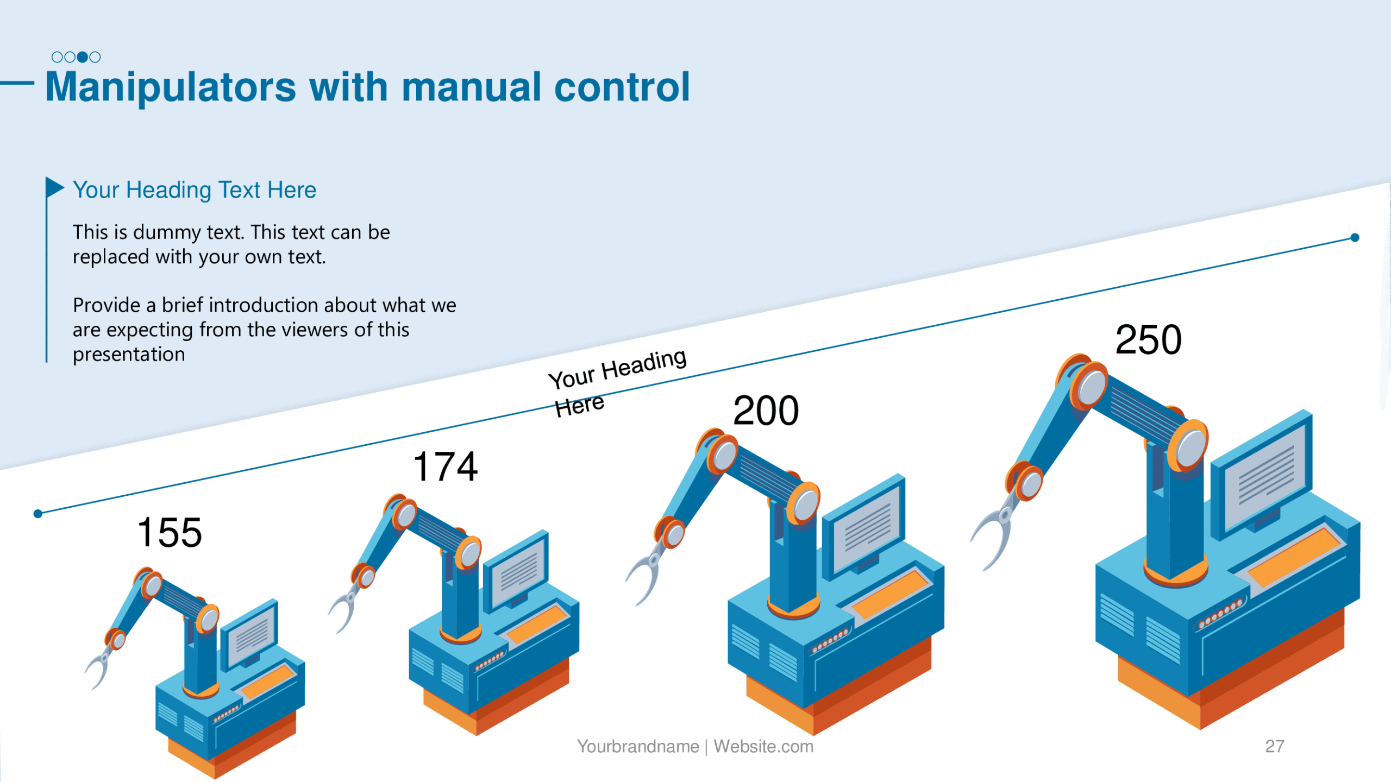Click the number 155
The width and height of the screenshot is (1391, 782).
point(170,533)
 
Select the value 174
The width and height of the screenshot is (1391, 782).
point(446,466)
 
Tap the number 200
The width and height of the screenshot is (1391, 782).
point(766,411)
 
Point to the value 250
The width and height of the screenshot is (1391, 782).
point(1148,340)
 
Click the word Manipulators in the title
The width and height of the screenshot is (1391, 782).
point(171,87)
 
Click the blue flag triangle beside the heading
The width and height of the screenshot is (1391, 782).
point(55,187)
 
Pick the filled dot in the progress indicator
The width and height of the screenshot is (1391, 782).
point(82,57)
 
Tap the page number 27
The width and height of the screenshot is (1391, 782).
point(1275,746)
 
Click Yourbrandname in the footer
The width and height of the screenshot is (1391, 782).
point(638,747)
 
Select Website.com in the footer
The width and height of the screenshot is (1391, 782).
point(763,747)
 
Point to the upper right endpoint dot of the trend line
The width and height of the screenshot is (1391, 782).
point(1355,237)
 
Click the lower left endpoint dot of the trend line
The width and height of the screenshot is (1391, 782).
point(38,514)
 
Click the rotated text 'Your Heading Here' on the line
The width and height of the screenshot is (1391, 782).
point(617,382)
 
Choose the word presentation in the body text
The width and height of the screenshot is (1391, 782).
point(129,355)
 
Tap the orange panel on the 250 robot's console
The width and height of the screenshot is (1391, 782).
point(1294,557)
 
